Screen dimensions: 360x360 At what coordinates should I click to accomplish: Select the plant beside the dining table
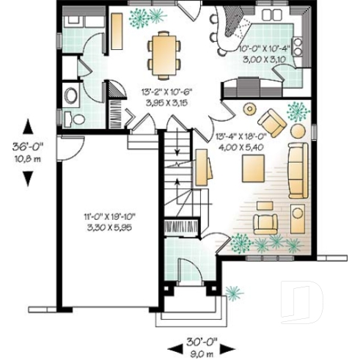(x=155, y=17)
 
